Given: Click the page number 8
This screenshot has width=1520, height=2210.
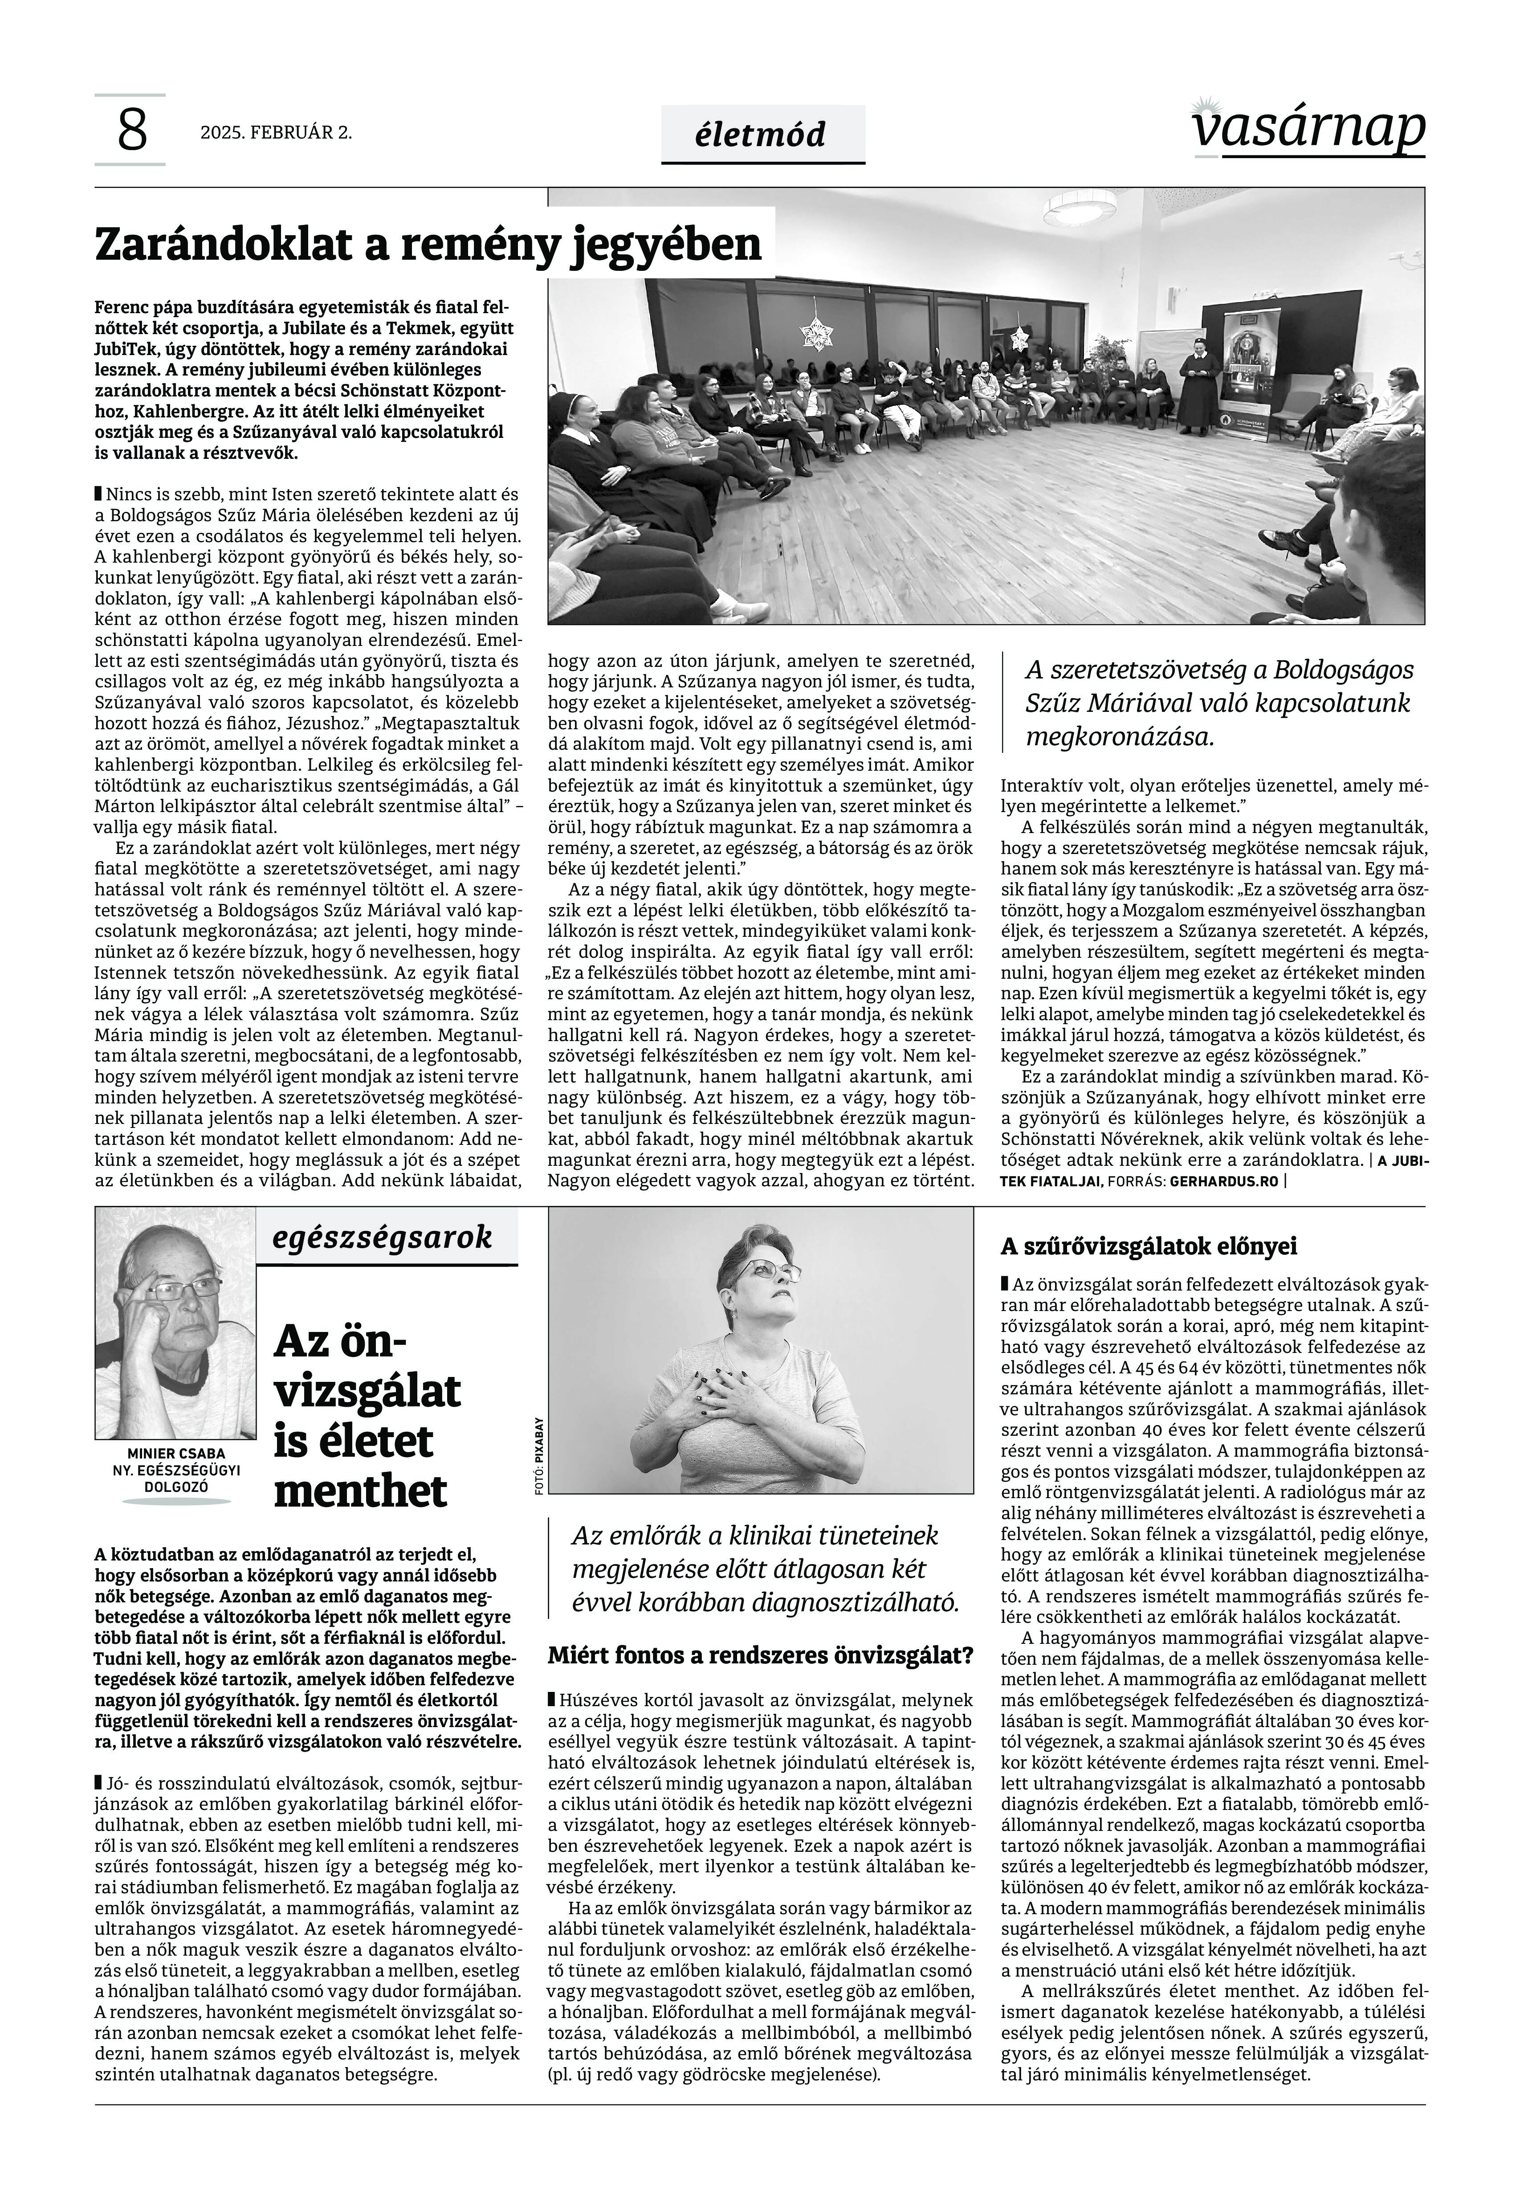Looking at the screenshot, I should pyautogui.click(x=132, y=131).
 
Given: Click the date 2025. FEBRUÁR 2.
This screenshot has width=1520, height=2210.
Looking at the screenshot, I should pyautogui.click(x=276, y=133).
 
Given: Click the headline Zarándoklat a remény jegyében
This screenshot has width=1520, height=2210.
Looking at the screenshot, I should pyautogui.click(x=428, y=245).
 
